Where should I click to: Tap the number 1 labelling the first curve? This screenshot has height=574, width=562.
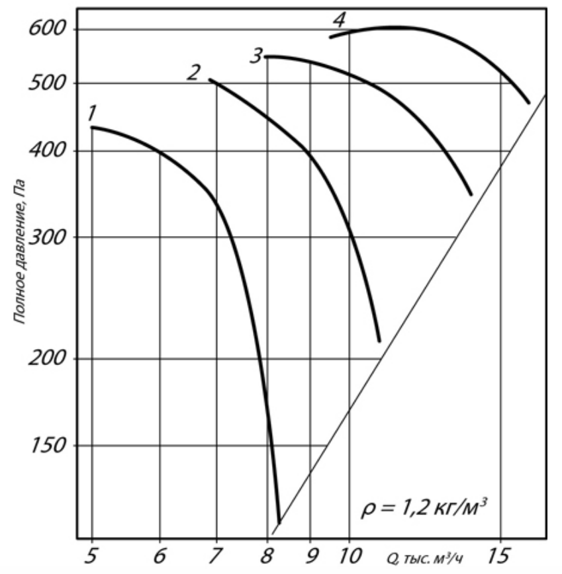tap(93, 113)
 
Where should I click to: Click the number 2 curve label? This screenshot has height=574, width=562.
tap(193, 72)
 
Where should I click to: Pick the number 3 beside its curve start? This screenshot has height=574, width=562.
tap(256, 56)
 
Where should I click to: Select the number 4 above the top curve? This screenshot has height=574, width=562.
tap(338, 20)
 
